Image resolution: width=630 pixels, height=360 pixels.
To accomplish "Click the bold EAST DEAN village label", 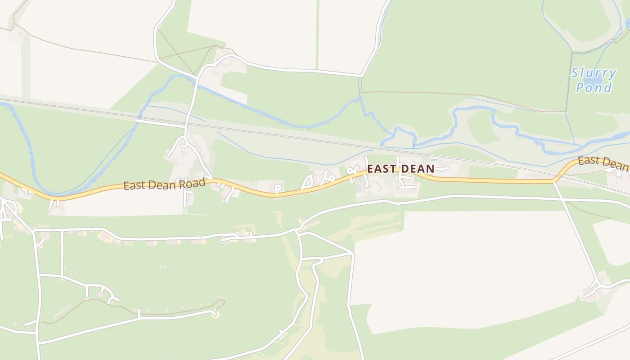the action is pyautogui.click(x=400, y=169).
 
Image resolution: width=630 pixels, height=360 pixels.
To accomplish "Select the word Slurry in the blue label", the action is pyautogui.click(x=594, y=73).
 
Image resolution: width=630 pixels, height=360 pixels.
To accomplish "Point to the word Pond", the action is pyautogui.click(x=594, y=87).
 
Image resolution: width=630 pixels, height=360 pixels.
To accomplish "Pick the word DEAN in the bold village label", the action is pyautogui.click(x=417, y=169).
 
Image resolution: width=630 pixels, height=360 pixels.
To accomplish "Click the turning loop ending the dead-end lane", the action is pyautogui.click(x=216, y=314).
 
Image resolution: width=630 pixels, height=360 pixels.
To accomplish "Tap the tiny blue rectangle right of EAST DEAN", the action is pyautogui.click(x=434, y=159).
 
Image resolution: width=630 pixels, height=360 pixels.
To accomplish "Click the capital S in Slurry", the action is pyautogui.click(x=576, y=73).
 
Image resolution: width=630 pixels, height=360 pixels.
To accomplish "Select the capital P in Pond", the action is pyautogui.click(x=580, y=87).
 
